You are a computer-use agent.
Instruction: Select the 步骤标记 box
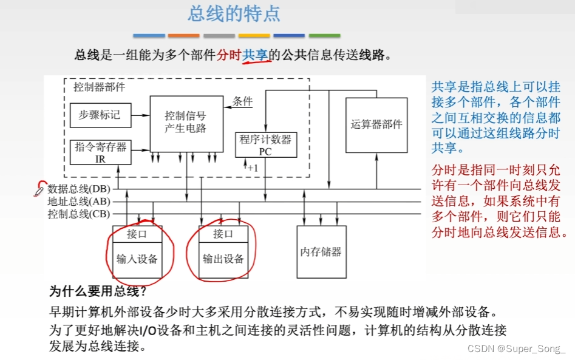pyautogui.click(x=100, y=115)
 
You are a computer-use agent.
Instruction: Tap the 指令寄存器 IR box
pyautogui.click(x=100, y=152)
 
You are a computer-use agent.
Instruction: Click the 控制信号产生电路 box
pyautogui.click(x=185, y=122)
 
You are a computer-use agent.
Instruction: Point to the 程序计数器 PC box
pyautogui.click(x=265, y=145)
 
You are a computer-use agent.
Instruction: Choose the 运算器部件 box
pyautogui.click(x=376, y=124)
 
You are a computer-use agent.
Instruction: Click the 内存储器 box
pyautogui.click(x=321, y=252)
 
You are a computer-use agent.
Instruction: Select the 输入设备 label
pyautogui.click(x=137, y=259)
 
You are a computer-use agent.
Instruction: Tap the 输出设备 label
pyautogui.click(x=223, y=259)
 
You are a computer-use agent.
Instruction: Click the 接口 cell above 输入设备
pyautogui.click(x=137, y=234)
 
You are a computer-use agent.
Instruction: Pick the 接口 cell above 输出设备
pyautogui.click(x=223, y=234)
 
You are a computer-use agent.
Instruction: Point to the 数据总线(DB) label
pyautogui.click(x=79, y=189)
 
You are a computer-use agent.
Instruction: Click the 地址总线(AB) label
pyautogui.click(x=79, y=201)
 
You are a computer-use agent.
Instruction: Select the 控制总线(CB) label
pyautogui.click(x=79, y=214)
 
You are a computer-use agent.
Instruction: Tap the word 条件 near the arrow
pyautogui.click(x=243, y=101)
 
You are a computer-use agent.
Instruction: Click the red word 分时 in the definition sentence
pyautogui.click(x=229, y=55)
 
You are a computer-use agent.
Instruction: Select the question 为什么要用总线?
pyautogui.click(x=98, y=291)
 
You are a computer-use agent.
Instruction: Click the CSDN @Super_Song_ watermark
pyautogui.click(x=517, y=348)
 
